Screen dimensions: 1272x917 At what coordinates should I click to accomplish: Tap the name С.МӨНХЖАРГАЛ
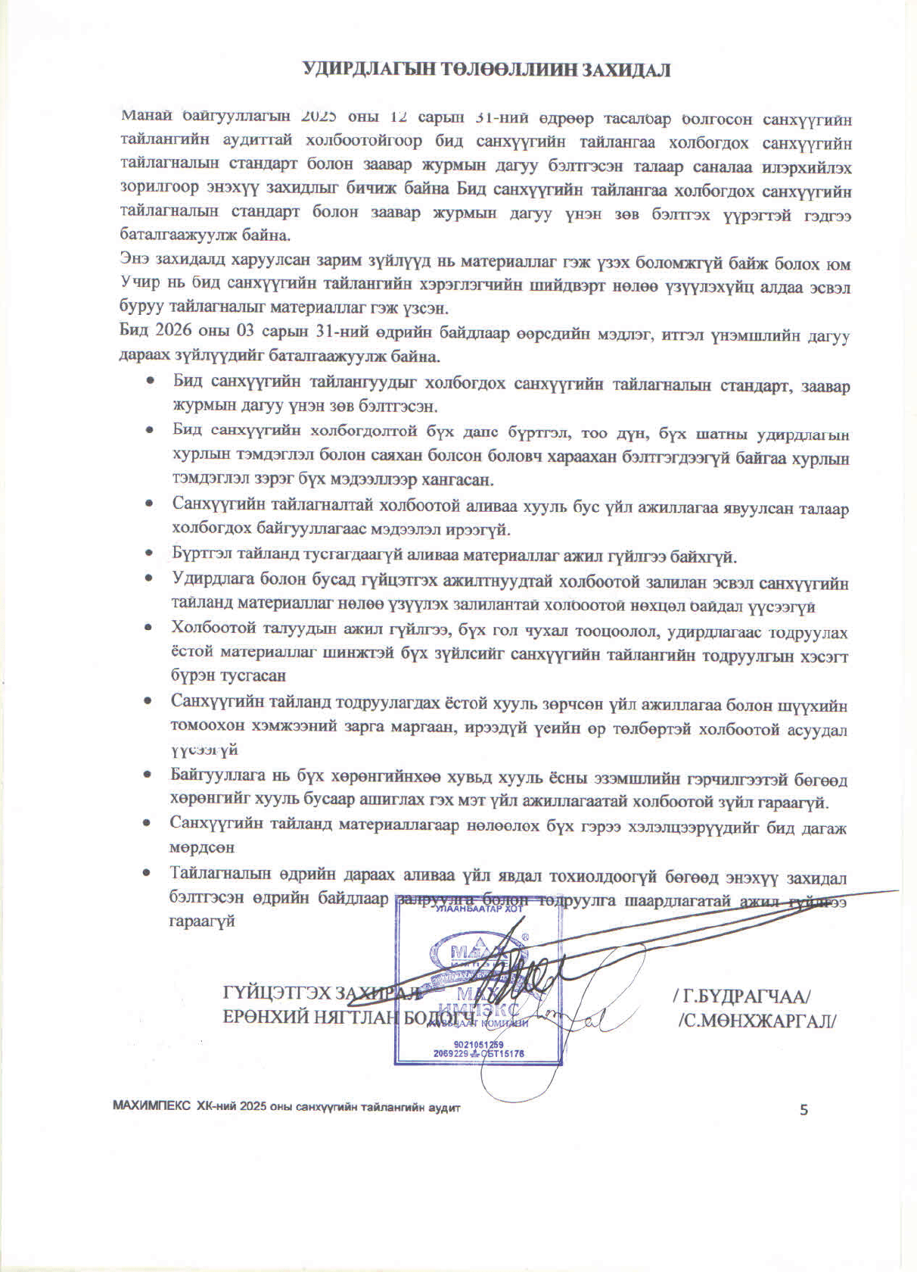[757, 1019]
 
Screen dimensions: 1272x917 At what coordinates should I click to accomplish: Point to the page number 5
[804, 1110]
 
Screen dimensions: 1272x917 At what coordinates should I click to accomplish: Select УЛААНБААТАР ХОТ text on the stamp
[479, 909]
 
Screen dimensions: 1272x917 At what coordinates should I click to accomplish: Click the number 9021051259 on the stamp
[479, 1044]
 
